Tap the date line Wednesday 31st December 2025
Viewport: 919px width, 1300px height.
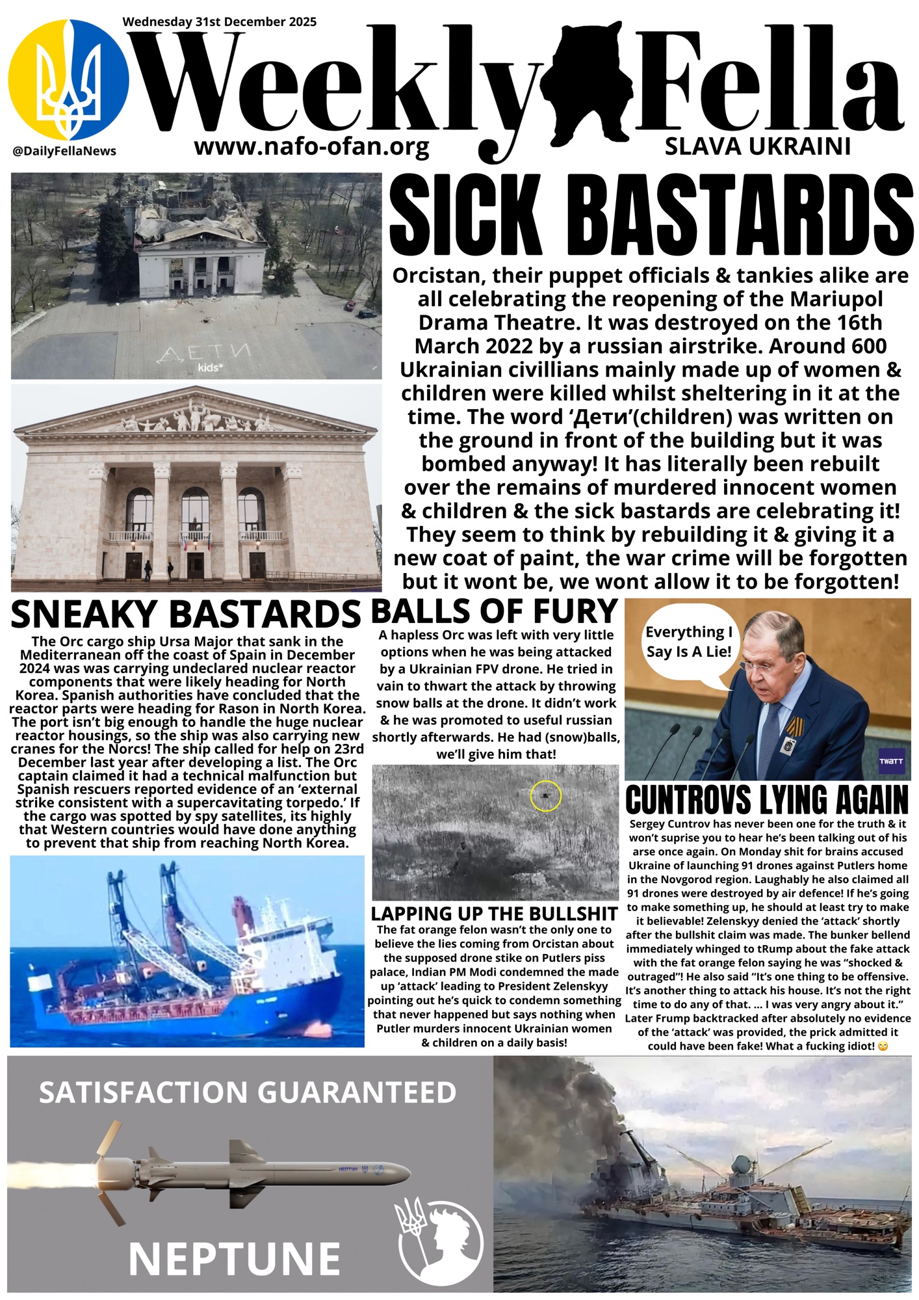tap(219, 21)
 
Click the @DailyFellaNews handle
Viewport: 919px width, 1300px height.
tap(64, 151)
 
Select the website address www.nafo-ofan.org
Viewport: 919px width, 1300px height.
tap(311, 147)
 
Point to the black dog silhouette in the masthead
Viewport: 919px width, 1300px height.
tap(588, 81)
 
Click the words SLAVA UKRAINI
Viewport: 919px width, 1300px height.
tap(757, 147)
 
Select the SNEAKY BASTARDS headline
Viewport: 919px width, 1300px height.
tap(185, 614)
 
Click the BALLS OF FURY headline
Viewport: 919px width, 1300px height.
tap(494, 611)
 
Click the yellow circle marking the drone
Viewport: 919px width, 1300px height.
tap(545, 795)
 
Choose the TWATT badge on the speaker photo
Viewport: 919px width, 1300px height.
tap(890, 762)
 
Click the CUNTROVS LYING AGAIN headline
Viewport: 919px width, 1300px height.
tap(767, 800)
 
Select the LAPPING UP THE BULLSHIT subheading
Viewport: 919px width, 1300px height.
tap(494, 914)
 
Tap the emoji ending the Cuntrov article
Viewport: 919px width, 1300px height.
tap(882, 1046)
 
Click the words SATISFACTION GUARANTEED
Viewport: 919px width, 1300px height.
tap(248, 1093)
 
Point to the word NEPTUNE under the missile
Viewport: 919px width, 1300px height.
tap(235, 1259)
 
